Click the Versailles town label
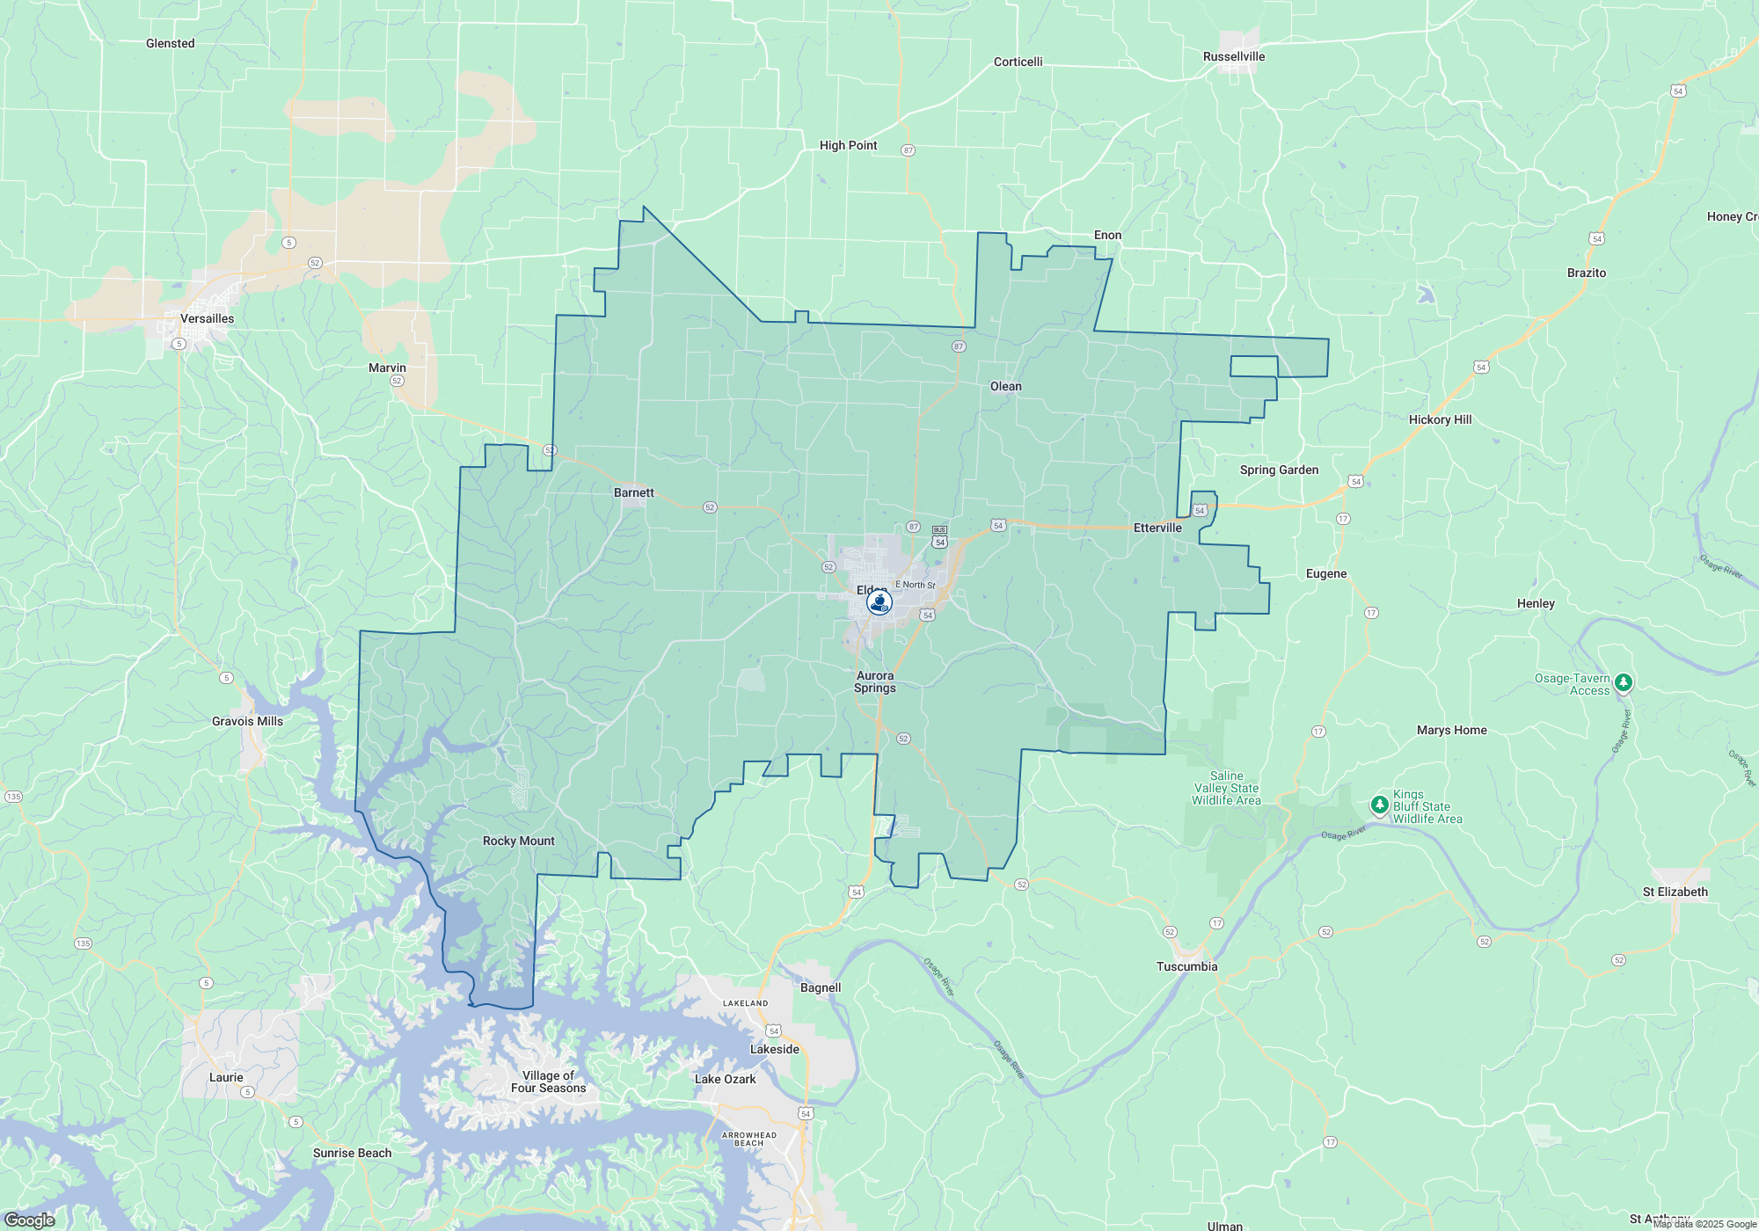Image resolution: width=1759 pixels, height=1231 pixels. point(207,318)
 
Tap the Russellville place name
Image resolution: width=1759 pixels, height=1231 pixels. point(1234,56)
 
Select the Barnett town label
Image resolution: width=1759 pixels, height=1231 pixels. point(633,492)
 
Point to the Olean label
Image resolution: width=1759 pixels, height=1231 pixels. point(1005,386)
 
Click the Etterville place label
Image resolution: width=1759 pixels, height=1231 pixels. point(1157,528)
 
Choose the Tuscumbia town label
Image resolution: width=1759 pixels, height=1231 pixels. point(1186,966)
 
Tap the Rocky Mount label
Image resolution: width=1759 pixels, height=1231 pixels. point(518,841)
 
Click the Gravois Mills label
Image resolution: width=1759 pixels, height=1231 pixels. point(247,721)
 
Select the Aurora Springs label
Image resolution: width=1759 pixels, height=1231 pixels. point(874,681)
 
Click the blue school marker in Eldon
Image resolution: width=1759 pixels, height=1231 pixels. point(879,602)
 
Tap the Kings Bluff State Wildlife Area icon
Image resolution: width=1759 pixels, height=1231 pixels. point(1379,805)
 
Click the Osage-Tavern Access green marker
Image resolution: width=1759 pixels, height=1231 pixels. point(1624,681)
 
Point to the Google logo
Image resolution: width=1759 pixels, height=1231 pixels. point(29,1220)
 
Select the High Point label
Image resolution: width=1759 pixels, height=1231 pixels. point(848,145)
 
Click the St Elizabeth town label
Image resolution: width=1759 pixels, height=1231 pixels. point(1675,892)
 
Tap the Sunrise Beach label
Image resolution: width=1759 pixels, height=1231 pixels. point(352,1153)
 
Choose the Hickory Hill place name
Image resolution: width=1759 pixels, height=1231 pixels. point(1440,419)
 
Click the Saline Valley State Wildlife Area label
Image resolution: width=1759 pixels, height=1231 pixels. point(1226,788)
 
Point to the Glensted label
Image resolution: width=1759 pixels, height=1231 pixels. point(170,43)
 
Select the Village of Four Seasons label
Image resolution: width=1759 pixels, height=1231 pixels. point(548,1082)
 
